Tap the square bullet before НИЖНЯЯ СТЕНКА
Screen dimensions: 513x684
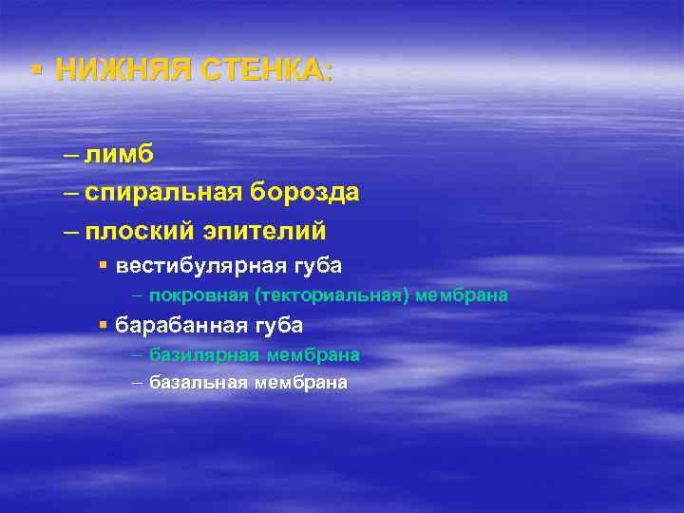(x=35, y=69)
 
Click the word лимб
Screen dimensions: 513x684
(x=119, y=155)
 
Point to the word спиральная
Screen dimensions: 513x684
(x=162, y=193)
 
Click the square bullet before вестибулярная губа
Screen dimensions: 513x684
(x=104, y=265)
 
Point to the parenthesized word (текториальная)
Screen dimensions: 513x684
(x=325, y=295)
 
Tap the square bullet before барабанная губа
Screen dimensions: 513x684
(x=104, y=325)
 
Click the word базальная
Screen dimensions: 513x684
(x=199, y=383)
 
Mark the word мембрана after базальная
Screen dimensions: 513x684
(x=301, y=383)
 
